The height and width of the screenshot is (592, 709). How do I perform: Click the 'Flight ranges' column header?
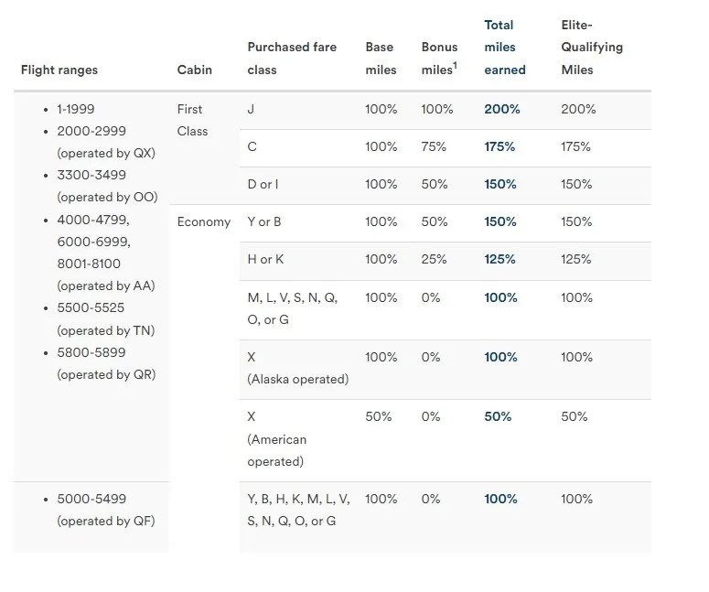[x=59, y=70]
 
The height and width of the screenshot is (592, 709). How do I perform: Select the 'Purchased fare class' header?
[x=292, y=58]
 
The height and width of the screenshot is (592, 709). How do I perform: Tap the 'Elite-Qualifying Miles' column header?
[x=590, y=48]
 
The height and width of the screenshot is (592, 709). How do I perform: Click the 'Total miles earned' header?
[x=504, y=48]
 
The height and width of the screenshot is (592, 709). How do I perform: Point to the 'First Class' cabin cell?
[x=192, y=120]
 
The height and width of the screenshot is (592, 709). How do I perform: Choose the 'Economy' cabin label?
[x=203, y=221]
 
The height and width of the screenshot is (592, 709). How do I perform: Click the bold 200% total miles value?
[x=501, y=109]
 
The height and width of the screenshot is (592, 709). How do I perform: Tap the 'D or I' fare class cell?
[x=263, y=184]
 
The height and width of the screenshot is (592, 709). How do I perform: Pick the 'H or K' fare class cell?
[x=265, y=259]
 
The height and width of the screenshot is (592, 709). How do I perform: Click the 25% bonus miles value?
[x=435, y=259]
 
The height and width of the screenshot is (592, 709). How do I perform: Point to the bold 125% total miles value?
[x=501, y=259]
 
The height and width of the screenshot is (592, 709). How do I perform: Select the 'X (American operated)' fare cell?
[x=276, y=439]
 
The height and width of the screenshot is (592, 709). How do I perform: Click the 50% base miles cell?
[x=379, y=416]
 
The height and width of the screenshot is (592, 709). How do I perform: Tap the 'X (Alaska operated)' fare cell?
[x=297, y=368]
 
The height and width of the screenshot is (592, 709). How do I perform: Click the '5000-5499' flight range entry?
[x=91, y=499]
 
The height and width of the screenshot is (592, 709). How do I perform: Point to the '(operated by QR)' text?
[x=106, y=374]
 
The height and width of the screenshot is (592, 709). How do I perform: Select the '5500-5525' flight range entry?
[x=91, y=308]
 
